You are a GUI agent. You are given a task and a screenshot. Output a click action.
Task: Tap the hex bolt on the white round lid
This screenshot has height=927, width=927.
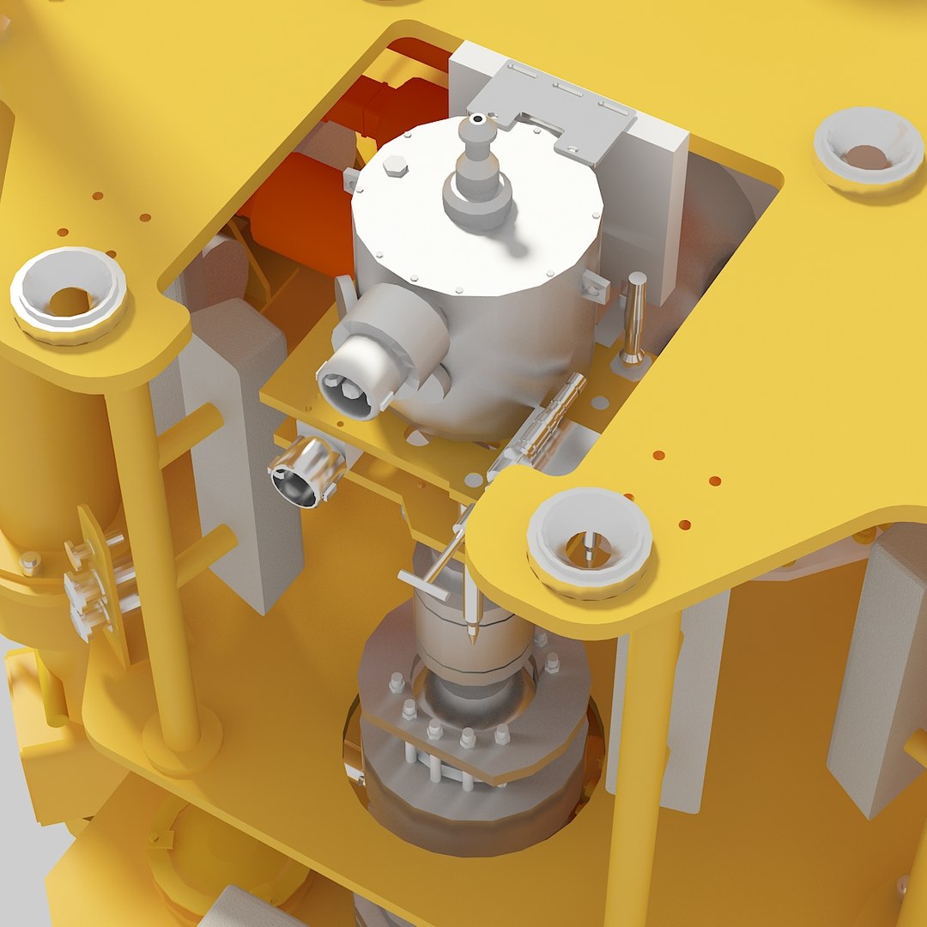point(396,167)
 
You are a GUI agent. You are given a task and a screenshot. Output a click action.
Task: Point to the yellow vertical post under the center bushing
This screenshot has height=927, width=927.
point(639,772)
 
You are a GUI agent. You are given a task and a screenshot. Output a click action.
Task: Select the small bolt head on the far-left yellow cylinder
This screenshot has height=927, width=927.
point(30,563)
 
